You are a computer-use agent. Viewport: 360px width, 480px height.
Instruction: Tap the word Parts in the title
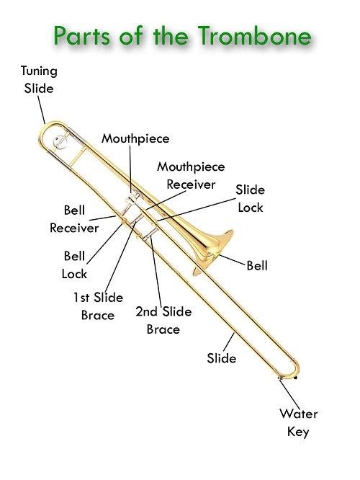click(81, 36)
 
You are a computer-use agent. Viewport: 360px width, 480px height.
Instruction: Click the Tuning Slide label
click(39, 79)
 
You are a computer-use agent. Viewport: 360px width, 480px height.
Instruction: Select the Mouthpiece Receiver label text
click(191, 175)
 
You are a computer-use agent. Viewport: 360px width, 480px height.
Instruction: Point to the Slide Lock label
click(250, 199)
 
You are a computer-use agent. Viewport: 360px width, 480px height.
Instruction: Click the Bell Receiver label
click(74, 219)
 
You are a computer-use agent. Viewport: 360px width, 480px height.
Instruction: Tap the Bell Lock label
click(74, 265)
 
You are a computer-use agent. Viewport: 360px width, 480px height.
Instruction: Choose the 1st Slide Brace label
click(98, 306)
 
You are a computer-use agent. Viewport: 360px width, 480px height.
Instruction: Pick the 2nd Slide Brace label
click(163, 320)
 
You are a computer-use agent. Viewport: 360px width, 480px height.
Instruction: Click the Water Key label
click(299, 423)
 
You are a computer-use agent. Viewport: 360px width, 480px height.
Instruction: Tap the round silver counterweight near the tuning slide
click(60, 142)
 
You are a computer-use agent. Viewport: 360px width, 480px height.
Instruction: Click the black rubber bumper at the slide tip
click(295, 378)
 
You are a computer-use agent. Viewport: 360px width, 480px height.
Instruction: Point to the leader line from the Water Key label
click(289, 394)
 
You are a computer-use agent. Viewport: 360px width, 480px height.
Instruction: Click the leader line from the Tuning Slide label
click(42, 110)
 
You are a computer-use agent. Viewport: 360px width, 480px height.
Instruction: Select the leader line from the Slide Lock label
click(196, 210)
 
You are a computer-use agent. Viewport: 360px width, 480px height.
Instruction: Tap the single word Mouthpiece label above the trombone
click(135, 138)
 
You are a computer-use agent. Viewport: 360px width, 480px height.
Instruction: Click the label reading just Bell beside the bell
click(257, 265)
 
